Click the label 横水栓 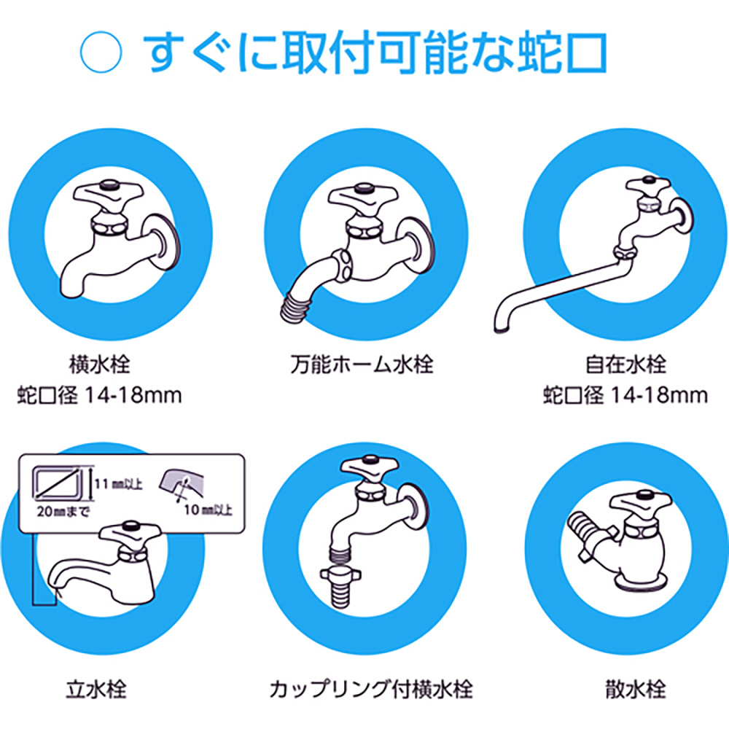click(99, 364)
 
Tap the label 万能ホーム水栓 click(362, 364)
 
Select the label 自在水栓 click(625, 364)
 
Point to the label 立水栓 click(96, 689)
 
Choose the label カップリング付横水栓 click(371, 689)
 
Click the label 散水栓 click(636, 689)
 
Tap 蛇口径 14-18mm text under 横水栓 click(99, 396)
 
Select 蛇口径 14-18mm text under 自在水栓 click(625, 396)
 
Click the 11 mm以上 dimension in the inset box click(119, 484)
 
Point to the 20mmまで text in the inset click(63, 512)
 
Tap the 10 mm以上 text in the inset click(208, 510)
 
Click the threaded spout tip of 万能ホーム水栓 click(296, 308)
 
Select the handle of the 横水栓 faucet click(108, 195)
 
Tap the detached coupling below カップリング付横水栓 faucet click(342, 586)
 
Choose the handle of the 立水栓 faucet click(130, 534)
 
